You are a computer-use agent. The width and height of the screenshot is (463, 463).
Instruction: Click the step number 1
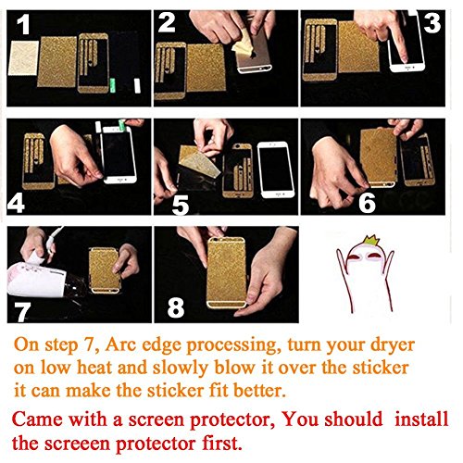pos(23,25)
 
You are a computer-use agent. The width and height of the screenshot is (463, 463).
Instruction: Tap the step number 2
pos(167,22)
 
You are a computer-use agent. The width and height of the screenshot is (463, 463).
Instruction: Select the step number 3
pos(432,23)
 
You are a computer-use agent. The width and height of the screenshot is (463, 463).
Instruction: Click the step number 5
pos(181,206)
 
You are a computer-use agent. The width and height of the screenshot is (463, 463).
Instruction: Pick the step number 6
pos(367,203)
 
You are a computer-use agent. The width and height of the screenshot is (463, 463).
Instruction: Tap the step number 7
pos(23,312)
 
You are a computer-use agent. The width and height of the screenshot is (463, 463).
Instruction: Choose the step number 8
pos(176,307)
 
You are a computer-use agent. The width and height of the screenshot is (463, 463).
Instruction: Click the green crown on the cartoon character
pos(369,241)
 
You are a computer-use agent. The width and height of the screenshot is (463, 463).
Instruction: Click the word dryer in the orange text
pos(393,345)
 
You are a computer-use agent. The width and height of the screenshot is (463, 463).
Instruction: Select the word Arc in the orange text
pos(117,345)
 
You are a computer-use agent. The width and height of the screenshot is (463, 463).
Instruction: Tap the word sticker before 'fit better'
pos(175,391)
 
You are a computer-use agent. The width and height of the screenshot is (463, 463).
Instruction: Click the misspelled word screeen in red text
pos(77,444)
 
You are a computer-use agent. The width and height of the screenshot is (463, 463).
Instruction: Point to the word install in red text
pos(421,419)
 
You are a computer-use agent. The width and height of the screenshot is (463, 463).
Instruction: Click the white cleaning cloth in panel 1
pos(23,58)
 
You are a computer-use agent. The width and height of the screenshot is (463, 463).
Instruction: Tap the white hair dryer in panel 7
pos(40,280)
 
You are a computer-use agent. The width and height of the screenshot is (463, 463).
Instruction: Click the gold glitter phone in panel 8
pos(227,272)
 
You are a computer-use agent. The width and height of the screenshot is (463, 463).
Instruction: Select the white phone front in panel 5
pos(278,169)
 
